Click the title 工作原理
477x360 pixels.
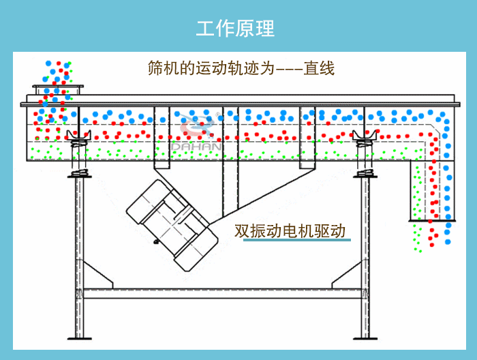point(235,29)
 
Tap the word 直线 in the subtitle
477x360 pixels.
point(319,68)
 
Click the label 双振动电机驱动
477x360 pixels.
point(291,230)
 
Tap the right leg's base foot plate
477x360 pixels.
point(365,337)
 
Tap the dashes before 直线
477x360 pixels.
point(289,69)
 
